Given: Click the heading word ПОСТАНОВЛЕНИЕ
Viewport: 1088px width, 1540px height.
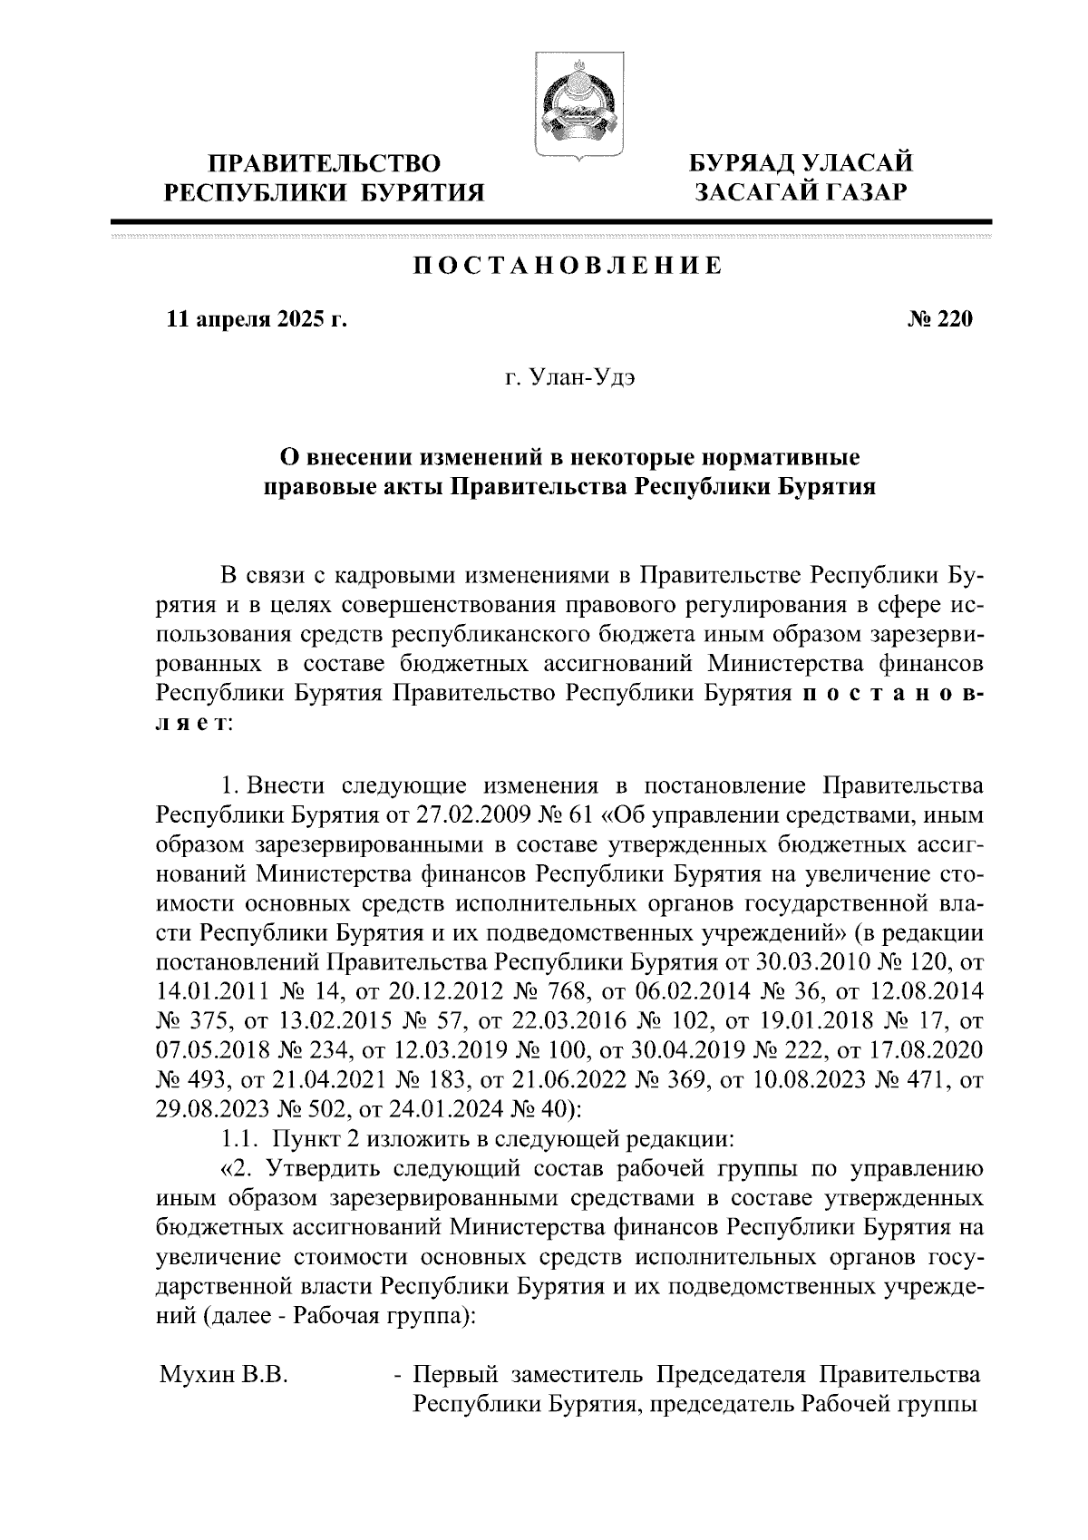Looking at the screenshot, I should [568, 267].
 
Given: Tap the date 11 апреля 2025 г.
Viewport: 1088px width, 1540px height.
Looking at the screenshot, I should [257, 319].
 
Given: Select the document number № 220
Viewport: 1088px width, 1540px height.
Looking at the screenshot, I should [939, 319].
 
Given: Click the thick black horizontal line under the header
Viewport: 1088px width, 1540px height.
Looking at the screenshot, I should [550, 221].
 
